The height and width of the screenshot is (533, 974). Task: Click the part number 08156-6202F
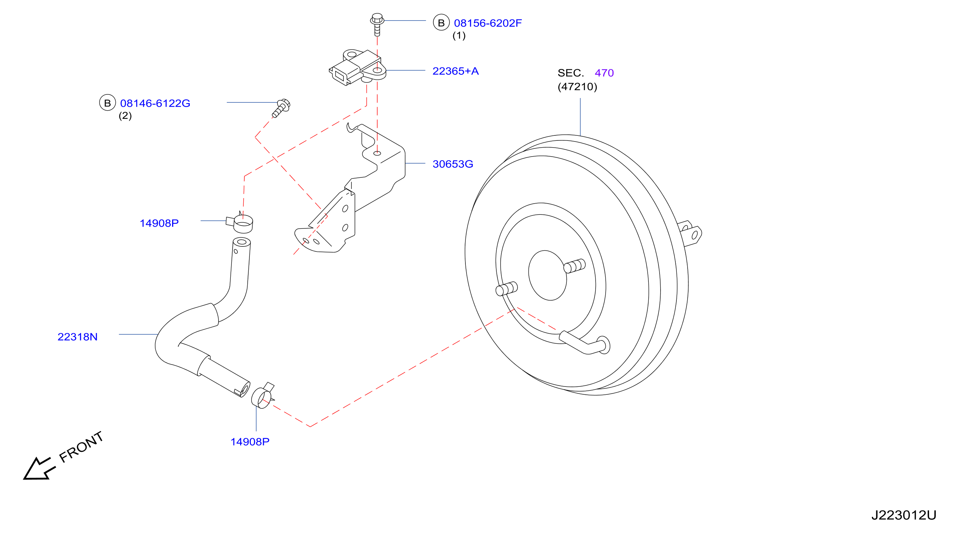pyautogui.click(x=487, y=23)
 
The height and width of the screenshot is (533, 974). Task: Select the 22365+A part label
pyautogui.click(x=455, y=71)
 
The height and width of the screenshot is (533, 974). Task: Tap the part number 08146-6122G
pyautogui.click(x=155, y=103)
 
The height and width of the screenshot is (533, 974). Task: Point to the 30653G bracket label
pyautogui.click(x=452, y=164)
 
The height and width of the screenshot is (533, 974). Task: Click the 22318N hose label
pyautogui.click(x=78, y=337)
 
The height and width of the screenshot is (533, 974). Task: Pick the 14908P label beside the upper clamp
pyautogui.click(x=159, y=223)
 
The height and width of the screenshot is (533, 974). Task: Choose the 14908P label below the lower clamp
pyautogui.click(x=250, y=441)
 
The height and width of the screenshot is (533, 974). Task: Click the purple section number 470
pyautogui.click(x=604, y=73)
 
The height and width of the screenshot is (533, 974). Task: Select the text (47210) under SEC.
pyautogui.click(x=577, y=87)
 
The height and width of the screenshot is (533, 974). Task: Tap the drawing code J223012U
pyautogui.click(x=904, y=515)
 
